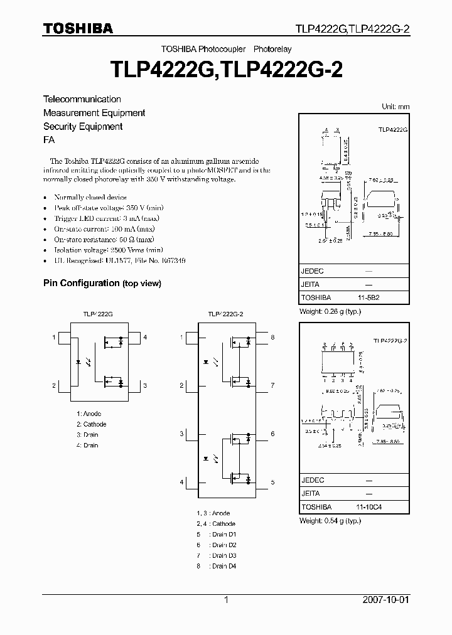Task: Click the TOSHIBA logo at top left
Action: coord(78,29)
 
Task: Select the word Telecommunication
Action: coord(82,99)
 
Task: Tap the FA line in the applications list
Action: coord(48,141)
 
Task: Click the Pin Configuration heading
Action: coord(81,283)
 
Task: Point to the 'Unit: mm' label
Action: coord(395,107)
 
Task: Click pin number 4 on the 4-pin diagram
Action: coord(145,338)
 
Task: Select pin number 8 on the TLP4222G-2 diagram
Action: coord(272,338)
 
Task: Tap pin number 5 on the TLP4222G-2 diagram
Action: coord(272,482)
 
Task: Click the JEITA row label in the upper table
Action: coord(311,284)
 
